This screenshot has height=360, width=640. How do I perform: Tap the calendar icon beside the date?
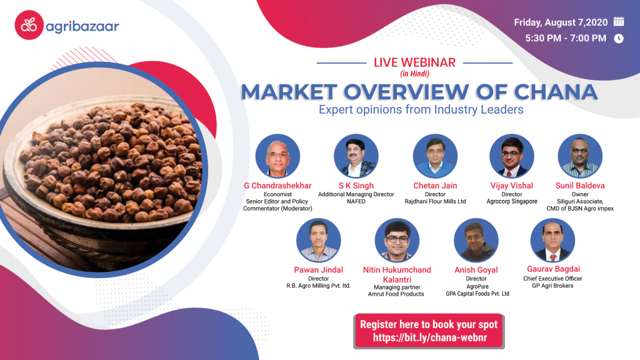point(619,21)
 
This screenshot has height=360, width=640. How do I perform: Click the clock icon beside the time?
point(619,38)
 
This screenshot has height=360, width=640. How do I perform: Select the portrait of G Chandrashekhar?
point(278,156)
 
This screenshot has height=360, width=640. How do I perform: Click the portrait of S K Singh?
point(356,156)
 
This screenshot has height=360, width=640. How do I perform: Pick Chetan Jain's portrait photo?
point(435,156)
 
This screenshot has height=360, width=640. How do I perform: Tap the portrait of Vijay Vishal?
point(512,156)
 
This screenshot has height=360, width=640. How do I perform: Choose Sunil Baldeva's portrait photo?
point(580,156)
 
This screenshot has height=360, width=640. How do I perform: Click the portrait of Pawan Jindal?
point(319,241)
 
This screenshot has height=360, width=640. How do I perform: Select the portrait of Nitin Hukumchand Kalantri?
point(397,241)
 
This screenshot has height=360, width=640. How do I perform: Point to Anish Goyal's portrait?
point(477,241)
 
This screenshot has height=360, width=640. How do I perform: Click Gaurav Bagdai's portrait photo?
point(552,241)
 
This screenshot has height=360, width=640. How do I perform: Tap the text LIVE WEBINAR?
point(414,62)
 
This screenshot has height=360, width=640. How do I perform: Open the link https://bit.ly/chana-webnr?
point(429,337)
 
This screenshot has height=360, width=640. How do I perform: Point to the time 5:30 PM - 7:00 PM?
point(560,39)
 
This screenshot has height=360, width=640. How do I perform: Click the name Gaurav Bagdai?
point(552,268)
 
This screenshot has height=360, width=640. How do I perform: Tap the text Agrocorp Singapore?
point(512,202)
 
